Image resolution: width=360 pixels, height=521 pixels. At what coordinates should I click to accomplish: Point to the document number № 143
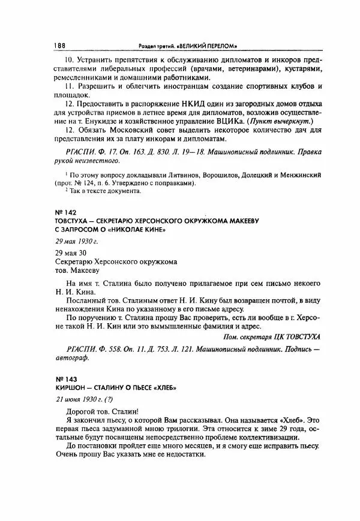point(56,379)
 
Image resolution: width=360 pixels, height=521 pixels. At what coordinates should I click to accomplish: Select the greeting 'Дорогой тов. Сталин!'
point(100,412)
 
